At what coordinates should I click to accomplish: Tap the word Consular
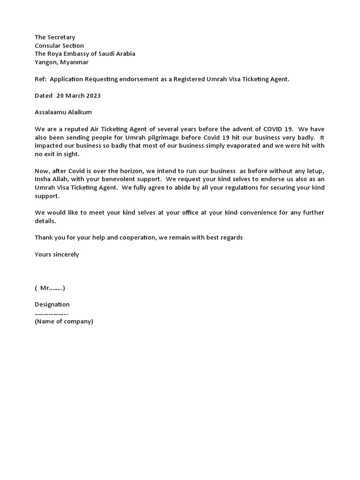click(x=48, y=45)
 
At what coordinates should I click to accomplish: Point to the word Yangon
click(x=46, y=62)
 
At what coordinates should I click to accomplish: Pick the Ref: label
click(x=40, y=79)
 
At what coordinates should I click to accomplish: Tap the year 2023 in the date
click(x=92, y=96)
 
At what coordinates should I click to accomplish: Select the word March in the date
click(x=74, y=96)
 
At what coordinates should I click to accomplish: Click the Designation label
click(x=52, y=304)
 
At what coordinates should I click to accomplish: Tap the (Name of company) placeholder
click(x=64, y=321)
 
